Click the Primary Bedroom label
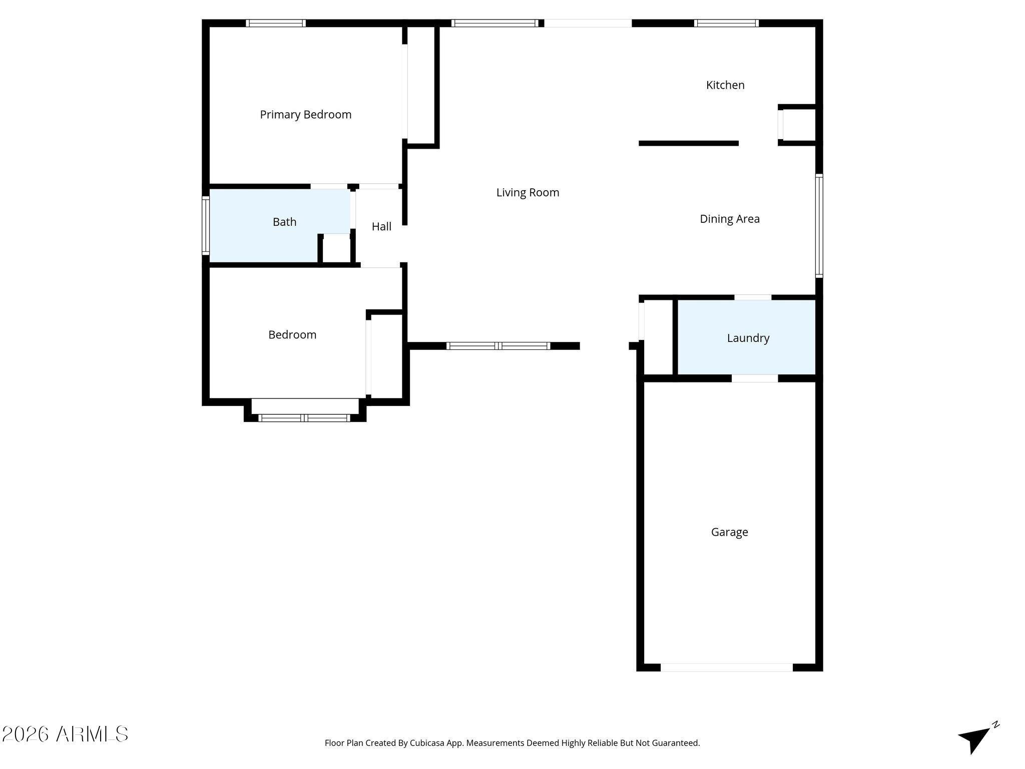(x=305, y=115)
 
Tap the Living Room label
(x=528, y=193)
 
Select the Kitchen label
(x=725, y=85)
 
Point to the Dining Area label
(x=730, y=219)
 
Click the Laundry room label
(x=748, y=338)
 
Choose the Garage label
(x=730, y=532)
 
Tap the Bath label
(x=284, y=222)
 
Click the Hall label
(x=381, y=227)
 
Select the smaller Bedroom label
(x=292, y=335)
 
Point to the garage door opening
(x=727, y=667)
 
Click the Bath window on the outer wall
(x=206, y=225)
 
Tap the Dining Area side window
(x=819, y=225)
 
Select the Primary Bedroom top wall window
(x=276, y=23)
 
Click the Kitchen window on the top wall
(x=726, y=23)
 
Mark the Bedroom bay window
(x=304, y=418)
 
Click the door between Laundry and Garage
(x=755, y=378)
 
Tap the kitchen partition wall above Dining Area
(x=689, y=144)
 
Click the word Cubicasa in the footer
(x=428, y=743)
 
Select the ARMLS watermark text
(x=65, y=734)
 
